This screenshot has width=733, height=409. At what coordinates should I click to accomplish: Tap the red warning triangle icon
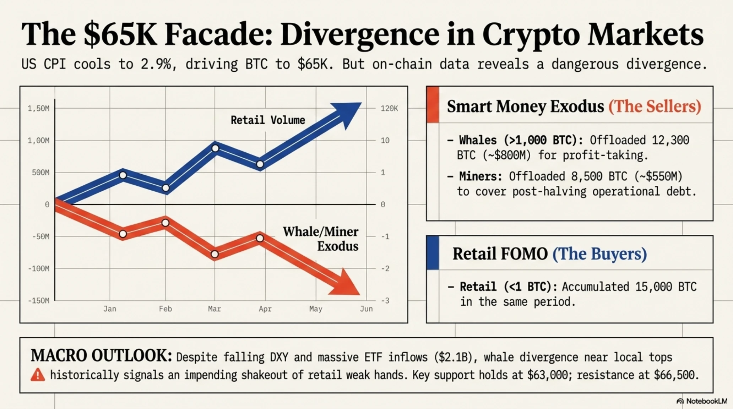tap(38, 375)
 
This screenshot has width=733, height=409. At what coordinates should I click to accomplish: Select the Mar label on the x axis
tap(215, 309)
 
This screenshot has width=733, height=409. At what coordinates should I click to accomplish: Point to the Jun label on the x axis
tap(366, 309)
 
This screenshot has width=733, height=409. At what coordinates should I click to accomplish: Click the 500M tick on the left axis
tap(41, 173)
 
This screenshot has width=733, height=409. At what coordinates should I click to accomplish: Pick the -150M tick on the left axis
tap(39, 301)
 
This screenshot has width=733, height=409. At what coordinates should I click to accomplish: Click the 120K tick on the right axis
tap(389, 108)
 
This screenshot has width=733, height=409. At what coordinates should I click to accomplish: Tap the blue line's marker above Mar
tap(215, 148)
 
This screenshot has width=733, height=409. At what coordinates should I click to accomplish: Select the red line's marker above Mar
tap(215, 254)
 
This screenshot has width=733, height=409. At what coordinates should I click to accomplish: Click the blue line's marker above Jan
tap(123, 175)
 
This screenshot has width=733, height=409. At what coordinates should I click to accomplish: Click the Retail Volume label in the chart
tap(268, 120)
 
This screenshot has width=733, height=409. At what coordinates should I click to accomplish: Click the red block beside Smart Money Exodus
tap(433, 105)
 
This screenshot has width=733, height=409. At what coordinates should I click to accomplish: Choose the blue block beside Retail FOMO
tap(433, 253)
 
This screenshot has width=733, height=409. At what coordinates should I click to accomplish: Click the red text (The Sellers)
tap(655, 106)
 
